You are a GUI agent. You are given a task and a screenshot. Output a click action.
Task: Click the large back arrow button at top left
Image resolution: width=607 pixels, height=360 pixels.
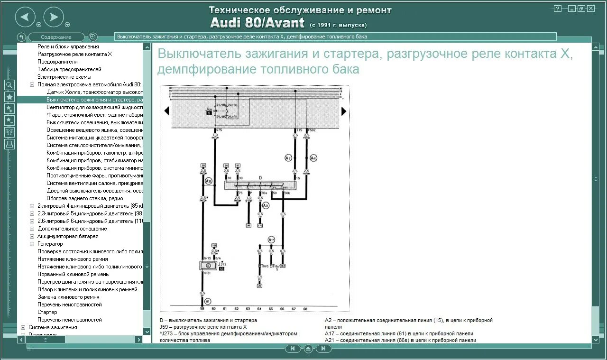click(25, 18)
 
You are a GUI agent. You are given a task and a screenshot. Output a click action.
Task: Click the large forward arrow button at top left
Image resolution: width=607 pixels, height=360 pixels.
click(54, 18)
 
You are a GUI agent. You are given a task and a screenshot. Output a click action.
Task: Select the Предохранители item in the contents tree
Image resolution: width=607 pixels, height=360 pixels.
click(57, 62)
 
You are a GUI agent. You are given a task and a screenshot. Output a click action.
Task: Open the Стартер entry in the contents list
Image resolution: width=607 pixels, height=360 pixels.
click(47, 312)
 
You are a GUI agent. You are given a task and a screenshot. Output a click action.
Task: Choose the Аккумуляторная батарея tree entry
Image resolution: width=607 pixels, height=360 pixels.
click(68, 236)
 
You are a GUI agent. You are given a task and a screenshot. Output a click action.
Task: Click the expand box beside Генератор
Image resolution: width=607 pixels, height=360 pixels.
click(32, 244)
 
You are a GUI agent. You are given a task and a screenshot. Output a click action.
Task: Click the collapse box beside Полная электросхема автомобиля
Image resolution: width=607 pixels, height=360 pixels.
click(32, 84)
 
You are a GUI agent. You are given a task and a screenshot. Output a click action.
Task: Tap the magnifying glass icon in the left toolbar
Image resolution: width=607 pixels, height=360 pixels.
click(9, 85)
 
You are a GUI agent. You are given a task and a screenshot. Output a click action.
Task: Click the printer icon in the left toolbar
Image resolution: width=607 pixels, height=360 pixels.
click(9, 144)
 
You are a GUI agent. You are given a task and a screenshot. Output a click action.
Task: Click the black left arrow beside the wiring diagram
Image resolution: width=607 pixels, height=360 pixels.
click(166, 111)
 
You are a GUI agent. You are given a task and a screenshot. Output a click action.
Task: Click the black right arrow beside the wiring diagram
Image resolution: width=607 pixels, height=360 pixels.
click(344, 111)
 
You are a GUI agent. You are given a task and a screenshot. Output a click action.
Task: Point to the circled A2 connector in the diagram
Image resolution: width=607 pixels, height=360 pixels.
click(288, 157)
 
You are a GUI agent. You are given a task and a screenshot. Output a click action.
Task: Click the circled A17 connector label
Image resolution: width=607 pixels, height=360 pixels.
click(271, 240)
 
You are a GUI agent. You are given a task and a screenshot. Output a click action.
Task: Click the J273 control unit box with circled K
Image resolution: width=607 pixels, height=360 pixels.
click(207, 266)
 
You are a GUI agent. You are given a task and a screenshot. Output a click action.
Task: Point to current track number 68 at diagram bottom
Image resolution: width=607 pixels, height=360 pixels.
click(305, 309)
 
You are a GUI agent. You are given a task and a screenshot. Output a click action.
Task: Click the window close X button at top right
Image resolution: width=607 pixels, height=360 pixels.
click(590, 9)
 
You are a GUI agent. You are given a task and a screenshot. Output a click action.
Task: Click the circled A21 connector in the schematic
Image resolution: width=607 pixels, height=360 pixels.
click(266, 205)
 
